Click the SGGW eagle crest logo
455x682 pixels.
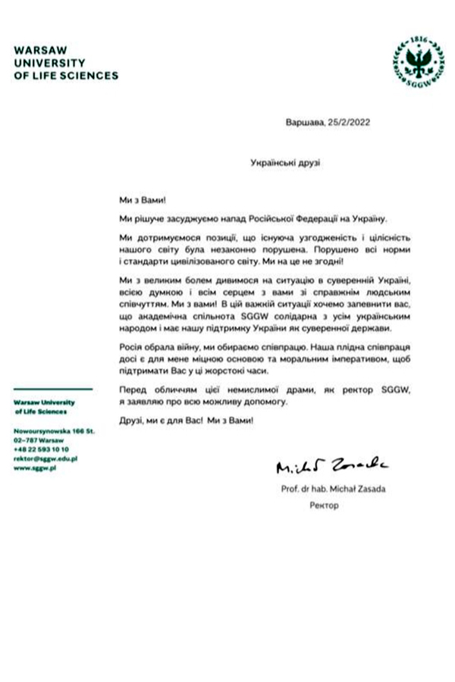413,58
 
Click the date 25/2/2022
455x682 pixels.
350,122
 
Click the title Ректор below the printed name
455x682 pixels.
322,504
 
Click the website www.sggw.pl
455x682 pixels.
36,469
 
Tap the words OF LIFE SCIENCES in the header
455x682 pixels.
67,76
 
